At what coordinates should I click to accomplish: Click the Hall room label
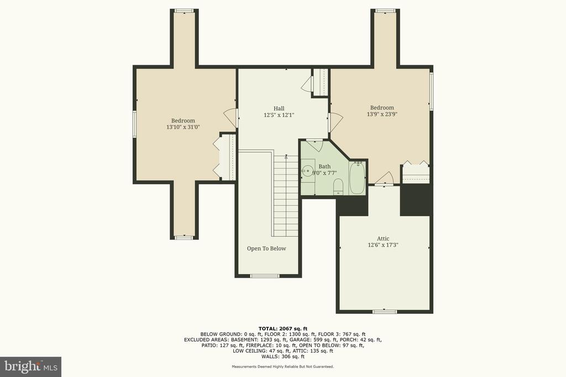[x=279, y=109]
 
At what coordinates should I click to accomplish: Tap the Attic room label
[x=383, y=238]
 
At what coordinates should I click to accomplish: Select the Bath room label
[x=324, y=167]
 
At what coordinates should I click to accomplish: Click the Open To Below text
[x=266, y=248]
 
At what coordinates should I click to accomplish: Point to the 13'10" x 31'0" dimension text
[x=183, y=127]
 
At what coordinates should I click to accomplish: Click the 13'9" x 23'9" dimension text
[x=382, y=114]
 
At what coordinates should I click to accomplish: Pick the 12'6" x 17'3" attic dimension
[x=383, y=245]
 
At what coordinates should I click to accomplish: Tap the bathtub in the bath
[x=358, y=178]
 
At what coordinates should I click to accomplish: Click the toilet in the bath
[x=338, y=187]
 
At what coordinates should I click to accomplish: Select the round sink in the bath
[x=308, y=171]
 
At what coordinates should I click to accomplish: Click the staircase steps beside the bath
[x=286, y=196]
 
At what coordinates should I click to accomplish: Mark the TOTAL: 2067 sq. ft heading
[x=283, y=328]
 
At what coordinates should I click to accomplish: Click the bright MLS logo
[x=30, y=367]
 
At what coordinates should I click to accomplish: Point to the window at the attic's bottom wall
[x=385, y=311]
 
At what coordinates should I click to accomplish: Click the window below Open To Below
[x=265, y=276]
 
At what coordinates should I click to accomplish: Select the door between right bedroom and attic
[x=384, y=179]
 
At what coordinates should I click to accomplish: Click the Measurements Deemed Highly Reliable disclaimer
[x=283, y=367]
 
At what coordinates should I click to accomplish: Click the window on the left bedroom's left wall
[x=134, y=124]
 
